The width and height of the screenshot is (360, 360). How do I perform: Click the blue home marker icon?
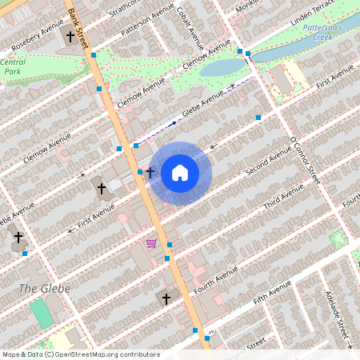click(x=180, y=173)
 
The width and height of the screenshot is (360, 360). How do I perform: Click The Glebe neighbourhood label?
click(x=44, y=288)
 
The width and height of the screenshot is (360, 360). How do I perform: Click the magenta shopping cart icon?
click(x=151, y=242)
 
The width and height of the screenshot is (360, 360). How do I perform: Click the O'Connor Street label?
click(x=304, y=160)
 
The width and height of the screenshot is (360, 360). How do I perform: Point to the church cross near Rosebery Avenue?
click(x=70, y=36)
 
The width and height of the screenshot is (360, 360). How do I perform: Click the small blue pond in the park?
click(x=217, y=67)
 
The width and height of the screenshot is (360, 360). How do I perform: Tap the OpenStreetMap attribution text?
click(x=80, y=354)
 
